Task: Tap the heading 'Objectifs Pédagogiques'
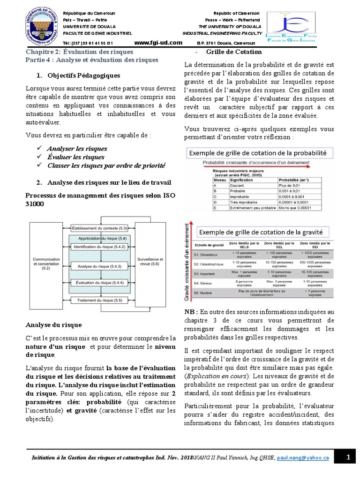point(77,75)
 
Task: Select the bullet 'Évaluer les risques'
point(75,157)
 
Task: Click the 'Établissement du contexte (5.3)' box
point(100,228)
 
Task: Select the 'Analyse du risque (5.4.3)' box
point(100,266)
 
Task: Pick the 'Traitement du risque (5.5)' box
point(100,300)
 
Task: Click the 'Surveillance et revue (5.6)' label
point(150,261)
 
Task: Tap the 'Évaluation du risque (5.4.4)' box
point(100,283)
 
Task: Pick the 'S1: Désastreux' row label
point(204,254)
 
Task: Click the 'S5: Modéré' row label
point(202,293)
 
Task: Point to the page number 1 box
point(348,457)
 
